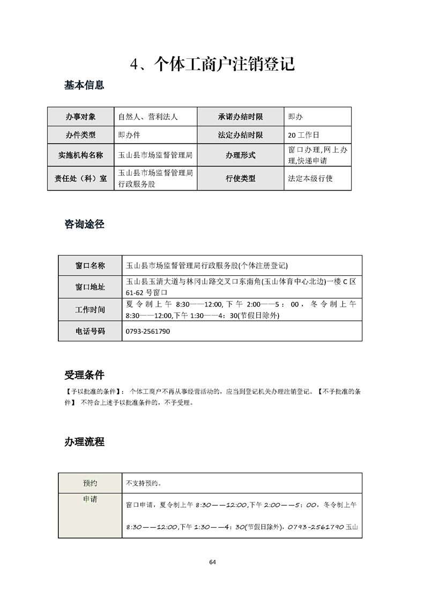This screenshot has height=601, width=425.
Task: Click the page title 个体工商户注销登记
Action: pyautogui.click(x=213, y=64)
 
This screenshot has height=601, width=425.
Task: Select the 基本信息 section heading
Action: pyautogui.click(x=84, y=85)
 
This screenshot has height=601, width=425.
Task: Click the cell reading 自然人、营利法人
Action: pyautogui.click(x=147, y=116)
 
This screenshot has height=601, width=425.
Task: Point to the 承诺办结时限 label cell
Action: pyautogui.click(x=240, y=116)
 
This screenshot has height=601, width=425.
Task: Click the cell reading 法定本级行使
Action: pyautogui.click(x=310, y=178)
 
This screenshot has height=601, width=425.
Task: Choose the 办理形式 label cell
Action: pyautogui.click(x=240, y=155)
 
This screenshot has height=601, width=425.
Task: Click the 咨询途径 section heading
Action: pyautogui.click(x=84, y=224)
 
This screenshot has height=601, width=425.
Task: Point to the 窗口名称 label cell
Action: pyautogui.click(x=90, y=265)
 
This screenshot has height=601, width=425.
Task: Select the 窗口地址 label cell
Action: pyautogui.click(x=90, y=287)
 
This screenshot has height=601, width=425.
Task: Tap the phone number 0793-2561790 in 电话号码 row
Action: pyautogui.click(x=147, y=332)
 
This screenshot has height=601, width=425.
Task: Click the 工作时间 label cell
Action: pyautogui.click(x=90, y=310)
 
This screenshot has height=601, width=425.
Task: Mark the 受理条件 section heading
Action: pyautogui.click(x=84, y=374)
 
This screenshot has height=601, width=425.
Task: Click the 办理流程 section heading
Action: pyautogui.click(x=84, y=442)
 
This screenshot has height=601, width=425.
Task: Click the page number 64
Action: pyautogui.click(x=212, y=562)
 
